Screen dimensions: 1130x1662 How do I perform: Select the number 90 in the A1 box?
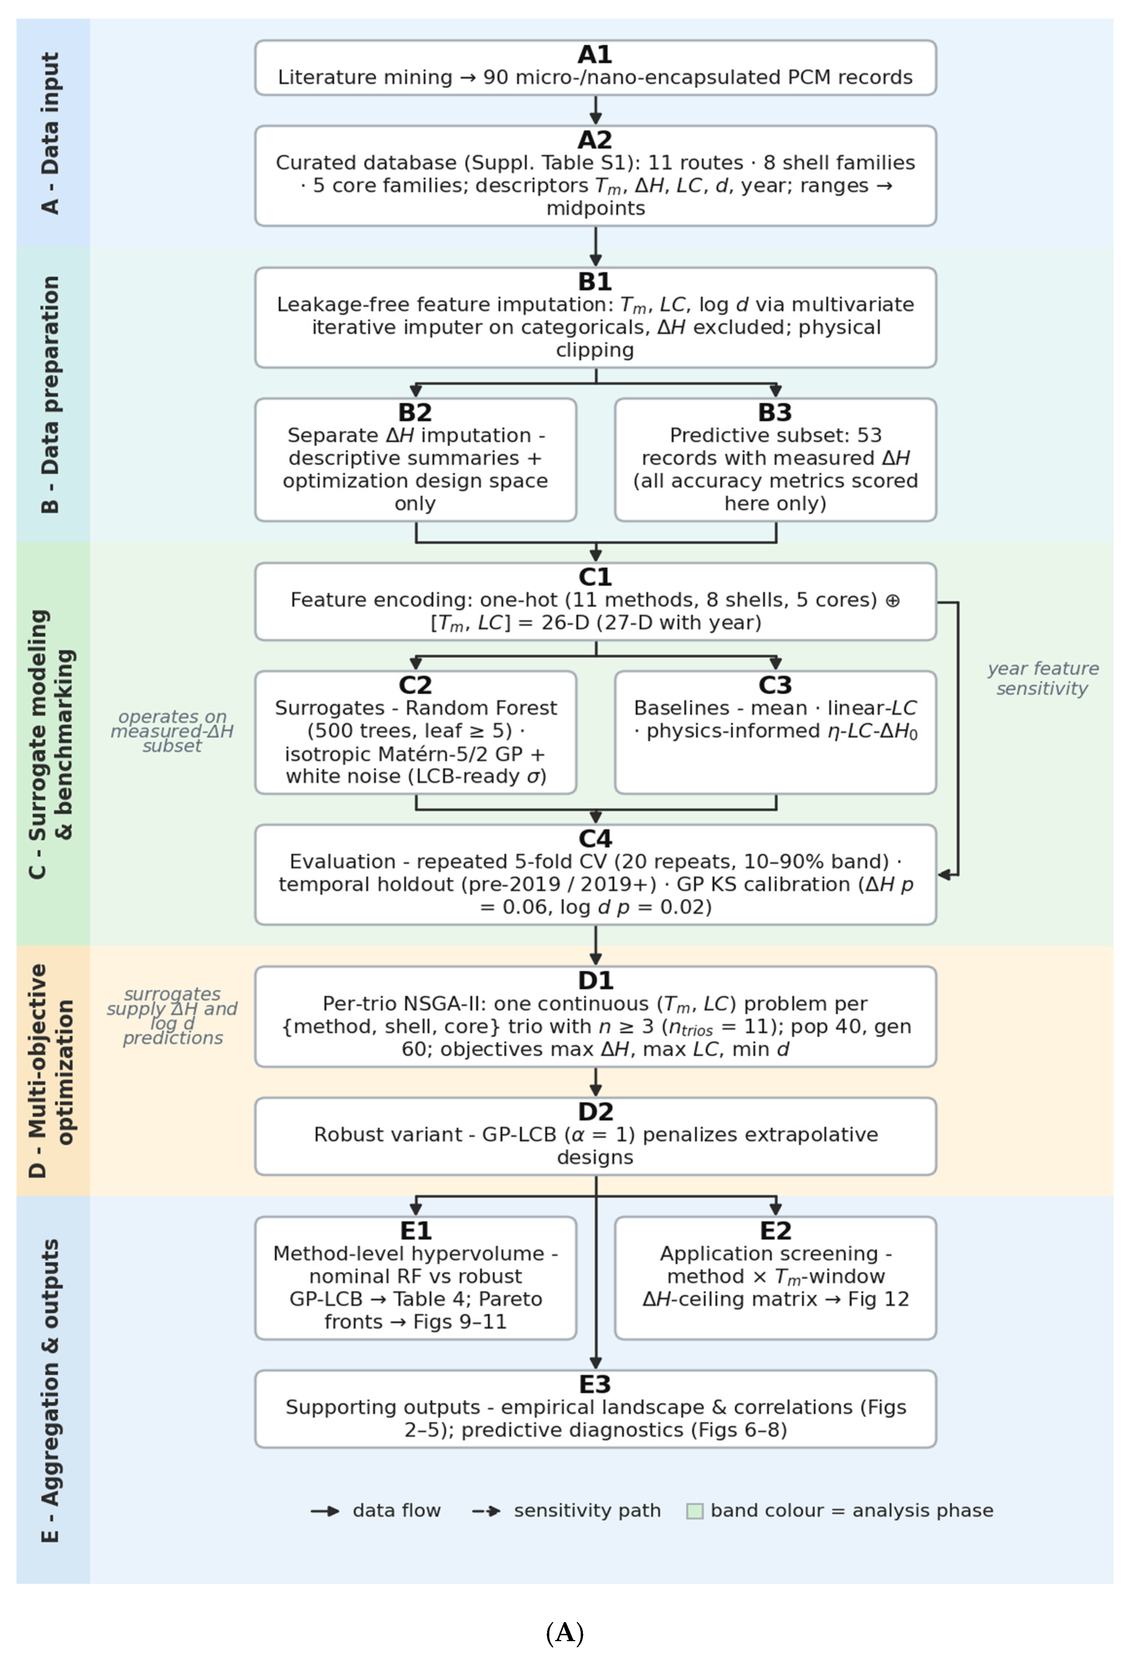point(494,77)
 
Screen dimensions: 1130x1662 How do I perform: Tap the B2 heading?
point(415,412)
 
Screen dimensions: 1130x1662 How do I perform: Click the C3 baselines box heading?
point(776,685)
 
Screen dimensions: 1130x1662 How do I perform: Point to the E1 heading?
point(415,1231)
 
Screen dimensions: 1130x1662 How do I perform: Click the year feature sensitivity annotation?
point(1043,679)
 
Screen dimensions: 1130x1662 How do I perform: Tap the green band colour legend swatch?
point(695,1511)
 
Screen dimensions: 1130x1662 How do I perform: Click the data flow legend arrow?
point(325,1511)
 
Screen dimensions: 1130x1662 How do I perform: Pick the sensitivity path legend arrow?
point(486,1511)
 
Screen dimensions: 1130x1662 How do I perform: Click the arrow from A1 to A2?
point(595,110)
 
